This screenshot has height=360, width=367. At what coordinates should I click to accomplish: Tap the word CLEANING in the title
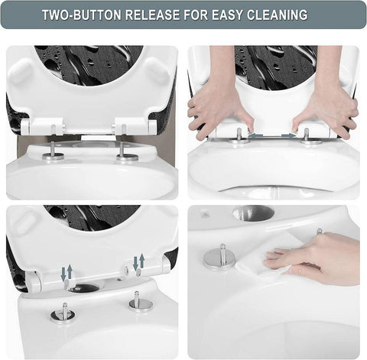pos(279,15)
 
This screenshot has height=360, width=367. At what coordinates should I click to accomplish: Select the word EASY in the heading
pos(231,15)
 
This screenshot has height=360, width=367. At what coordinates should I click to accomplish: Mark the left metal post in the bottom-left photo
pos(63,311)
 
